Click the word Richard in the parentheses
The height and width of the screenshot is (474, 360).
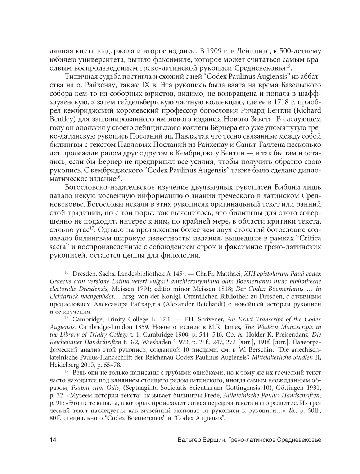[309, 110]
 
